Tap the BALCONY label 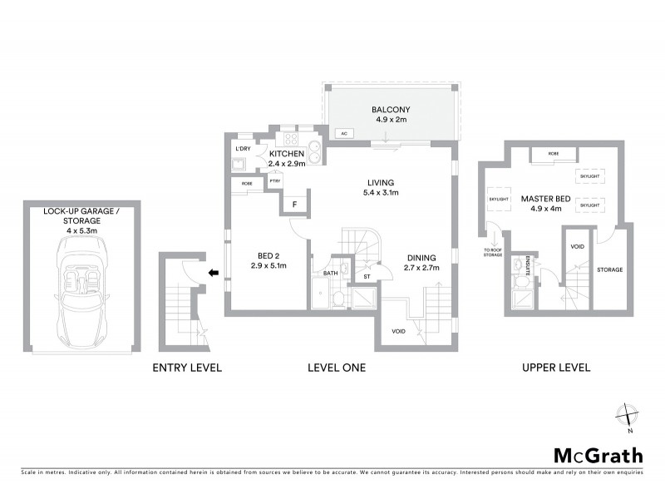pyautogui.click(x=391, y=110)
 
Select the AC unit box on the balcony pyautogui.click(x=342, y=133)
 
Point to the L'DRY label pyautogui.click(x=243, y=148)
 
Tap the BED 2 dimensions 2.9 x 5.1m pyautogui.click(x=268, y=266)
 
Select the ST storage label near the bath pyautogui.click(x=366, y=275)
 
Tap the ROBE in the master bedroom pyautogui.click(x=553, y=154)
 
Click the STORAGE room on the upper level pyautogui.click(x=609, y=269)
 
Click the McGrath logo pyautogui.click(x=598, y=455)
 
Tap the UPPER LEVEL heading pyautogui.click(x=555, y=367)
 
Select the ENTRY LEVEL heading pyautogui.click(x=188, y=367)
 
